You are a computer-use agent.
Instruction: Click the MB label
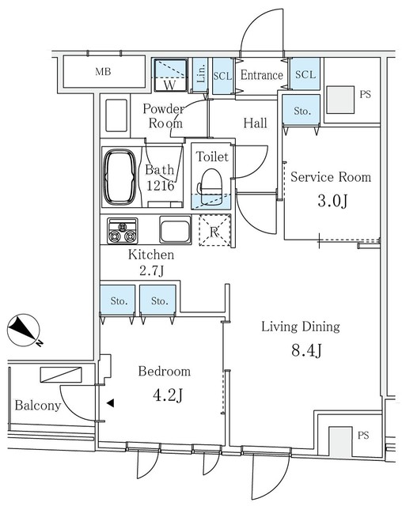(104, 71)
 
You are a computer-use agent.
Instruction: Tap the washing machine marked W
(170, 75)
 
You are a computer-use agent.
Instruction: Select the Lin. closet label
(201, 74)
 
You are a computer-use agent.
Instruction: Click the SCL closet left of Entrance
(222, 76)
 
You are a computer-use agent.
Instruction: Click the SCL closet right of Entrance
(305, 74)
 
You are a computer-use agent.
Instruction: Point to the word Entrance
(262, 75)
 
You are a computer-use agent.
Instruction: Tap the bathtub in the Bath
(119, 177)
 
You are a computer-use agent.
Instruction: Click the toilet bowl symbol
(211, 187)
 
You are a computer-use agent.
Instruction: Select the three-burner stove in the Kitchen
(123, 231)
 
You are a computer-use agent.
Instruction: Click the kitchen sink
(176, 229)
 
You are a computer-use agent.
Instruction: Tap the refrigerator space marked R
(214, 231)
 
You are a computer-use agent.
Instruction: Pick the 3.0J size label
(332, 202)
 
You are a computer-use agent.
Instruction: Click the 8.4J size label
(306, 351)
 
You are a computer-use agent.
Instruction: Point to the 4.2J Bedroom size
(168, 395)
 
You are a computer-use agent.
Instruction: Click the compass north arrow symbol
(24, 330)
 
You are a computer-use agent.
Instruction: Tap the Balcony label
(38, 406)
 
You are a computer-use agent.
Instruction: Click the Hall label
(255, 123)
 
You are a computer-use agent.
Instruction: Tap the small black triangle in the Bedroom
(111, 402)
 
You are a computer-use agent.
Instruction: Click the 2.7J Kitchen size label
(152, 270)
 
